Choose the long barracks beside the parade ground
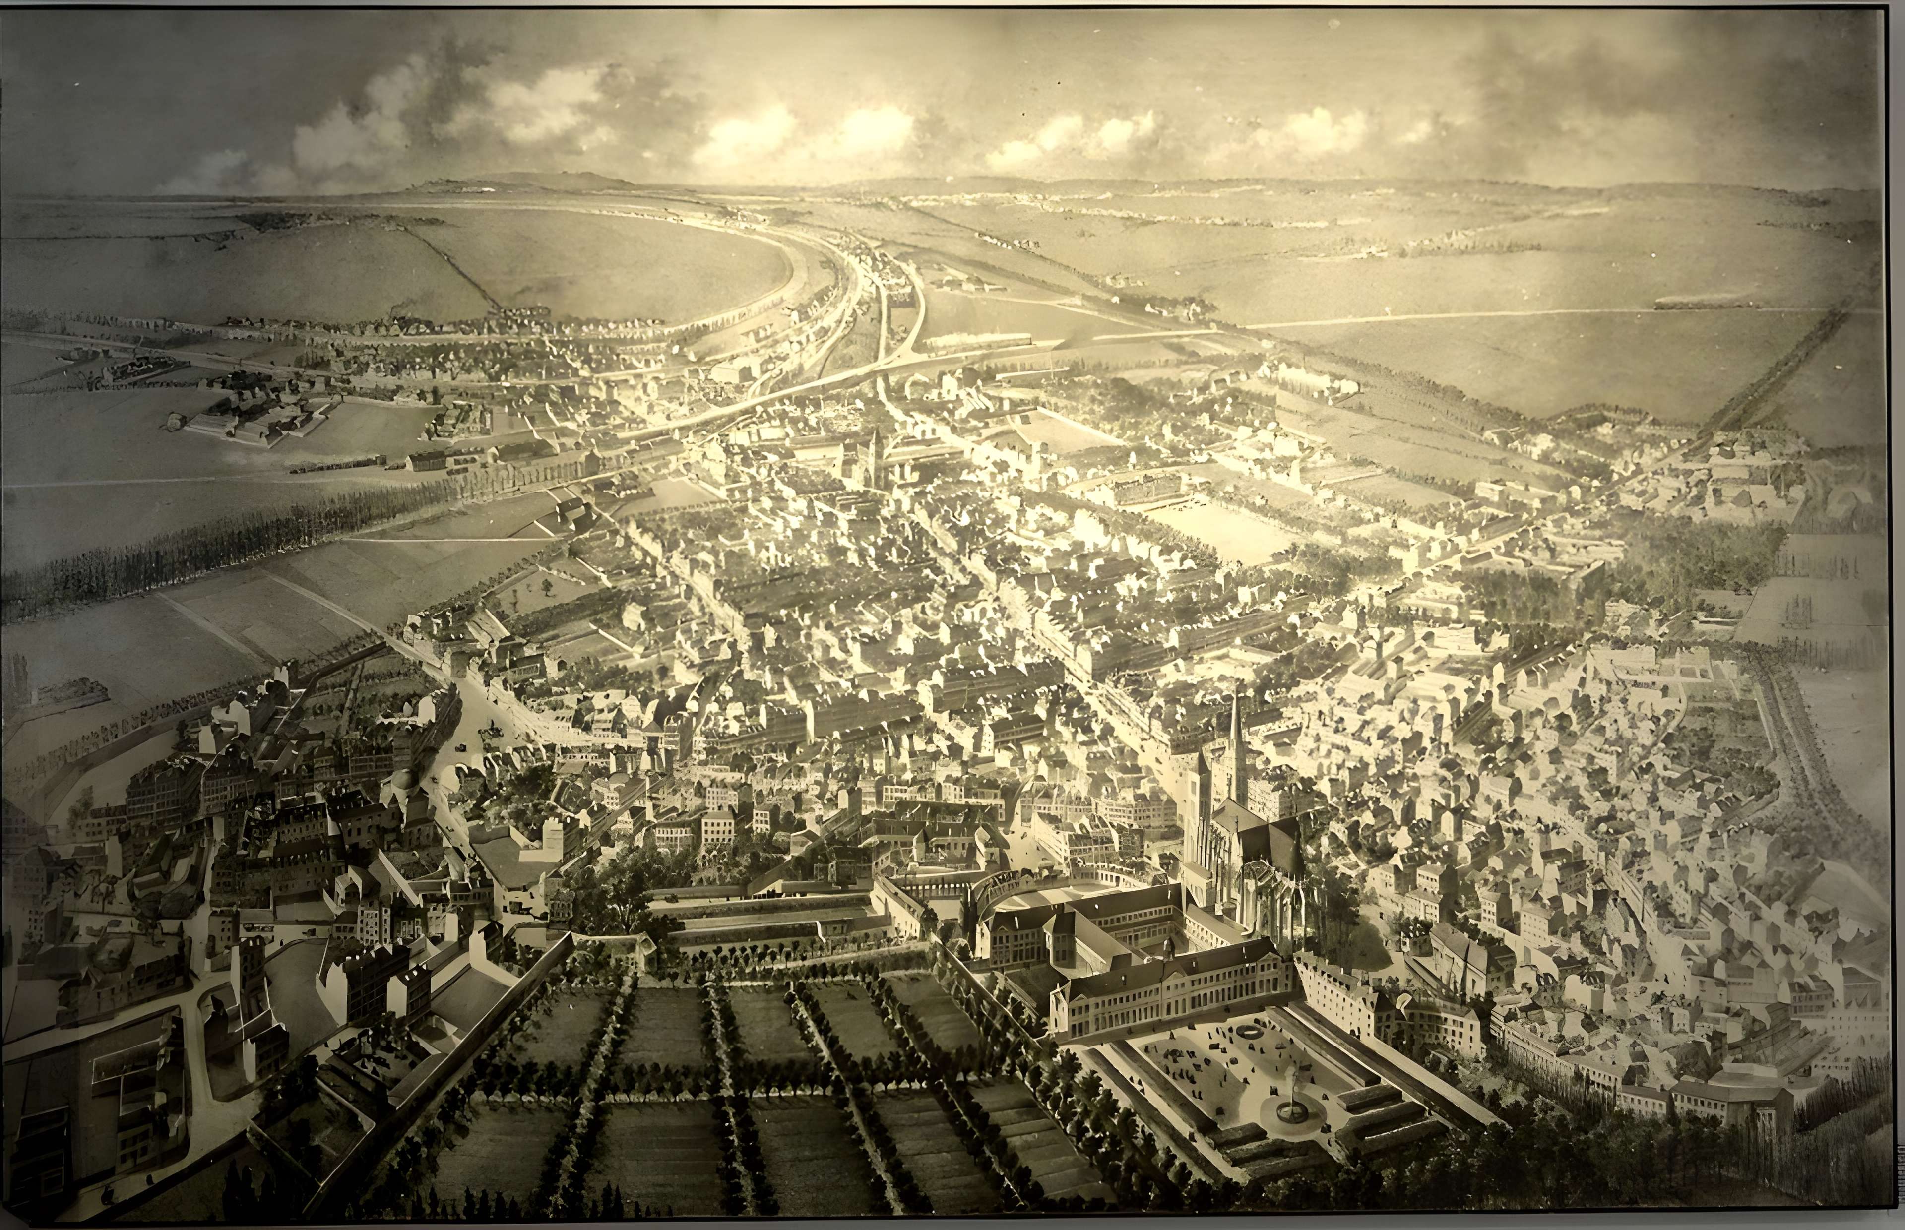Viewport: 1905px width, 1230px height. click(x=1144, y=487)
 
